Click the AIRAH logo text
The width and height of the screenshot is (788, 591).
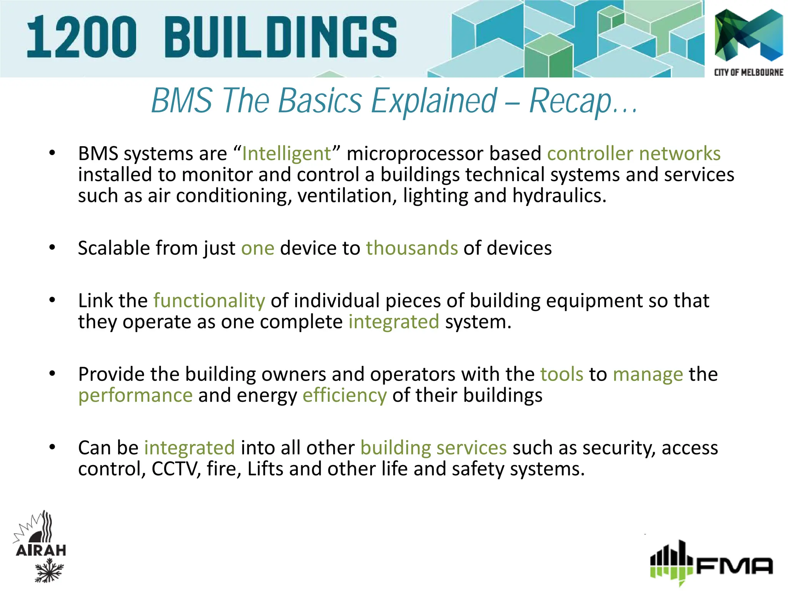(x=41, y=550)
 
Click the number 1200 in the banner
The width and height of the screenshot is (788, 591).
(x=82, y=38)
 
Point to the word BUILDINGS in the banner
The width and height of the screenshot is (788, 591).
(x=280, y=38)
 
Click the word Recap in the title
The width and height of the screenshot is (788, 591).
(x=571, y=101)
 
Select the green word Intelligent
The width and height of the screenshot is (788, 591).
(x=286, y=154)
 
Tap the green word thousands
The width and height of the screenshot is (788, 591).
(x=412, y=248)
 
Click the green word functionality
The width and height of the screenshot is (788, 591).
(x=209, y=301)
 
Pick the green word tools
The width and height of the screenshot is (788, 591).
(x=562, y=374)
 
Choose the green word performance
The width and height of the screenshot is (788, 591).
(x=135, y=396)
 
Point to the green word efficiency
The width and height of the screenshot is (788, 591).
(x=344, y=396)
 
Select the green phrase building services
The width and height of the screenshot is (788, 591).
(x=434, y=448)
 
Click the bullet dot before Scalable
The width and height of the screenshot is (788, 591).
(x=52, y=247)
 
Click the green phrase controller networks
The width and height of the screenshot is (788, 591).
(x=634, y=154)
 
